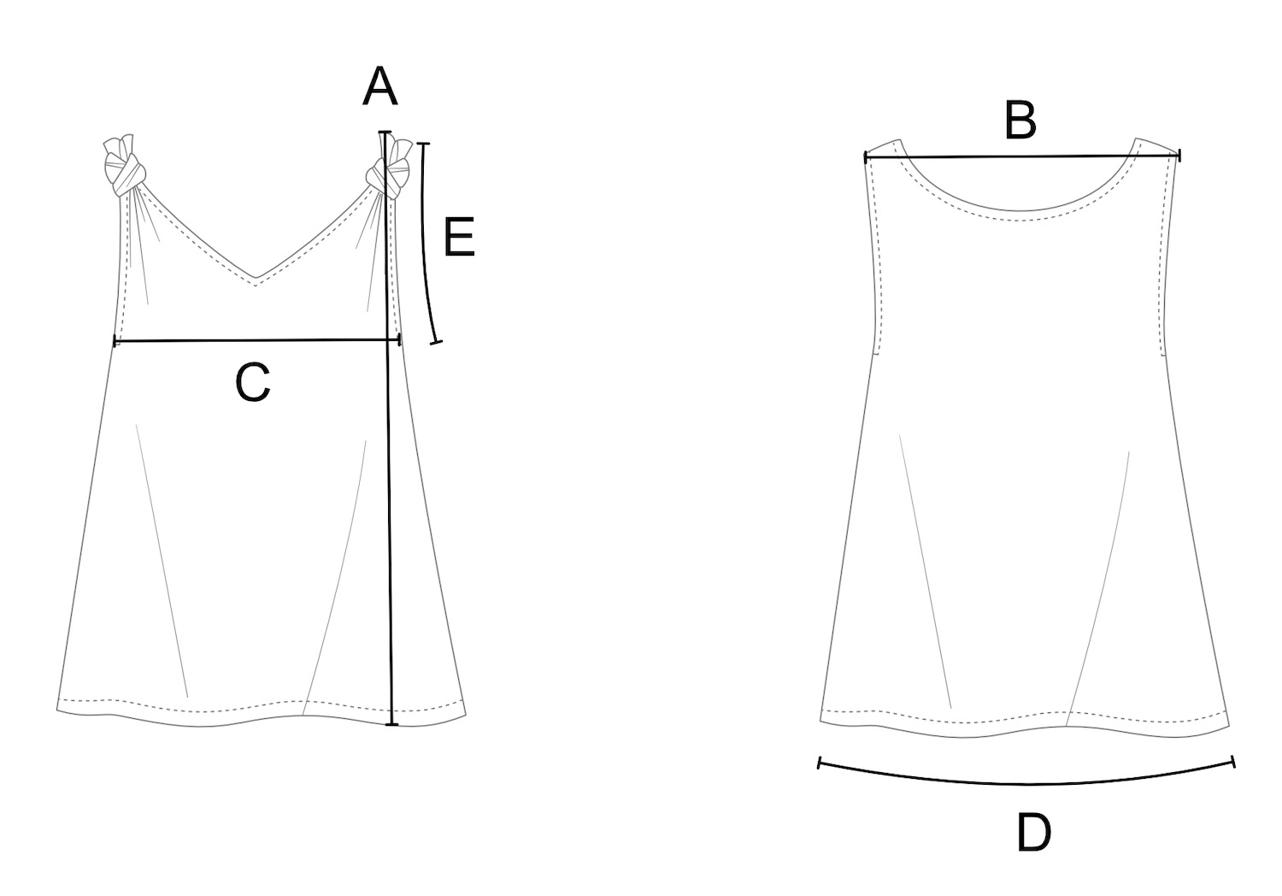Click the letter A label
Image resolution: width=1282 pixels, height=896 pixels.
click(379, 88)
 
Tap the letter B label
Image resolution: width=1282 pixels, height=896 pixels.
click(1020, 121)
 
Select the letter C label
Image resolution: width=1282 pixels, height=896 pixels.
click(253, 382)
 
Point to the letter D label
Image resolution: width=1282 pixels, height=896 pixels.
click(1033, 833)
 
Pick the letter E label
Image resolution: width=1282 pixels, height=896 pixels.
click(459, 238)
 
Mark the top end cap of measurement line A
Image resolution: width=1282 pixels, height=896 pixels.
click(385, 133)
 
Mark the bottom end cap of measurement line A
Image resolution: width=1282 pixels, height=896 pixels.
click(391, 724)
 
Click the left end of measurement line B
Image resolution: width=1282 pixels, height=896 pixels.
click(866, 157)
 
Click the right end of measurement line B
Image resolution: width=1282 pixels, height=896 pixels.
click(1179, 156)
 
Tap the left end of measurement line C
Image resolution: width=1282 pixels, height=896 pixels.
click(115, 342)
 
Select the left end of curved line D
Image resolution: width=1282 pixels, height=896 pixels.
click(820, 762)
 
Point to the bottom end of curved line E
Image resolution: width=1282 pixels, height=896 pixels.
click(437, 342)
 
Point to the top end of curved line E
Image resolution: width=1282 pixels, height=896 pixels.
click(423, 144)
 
